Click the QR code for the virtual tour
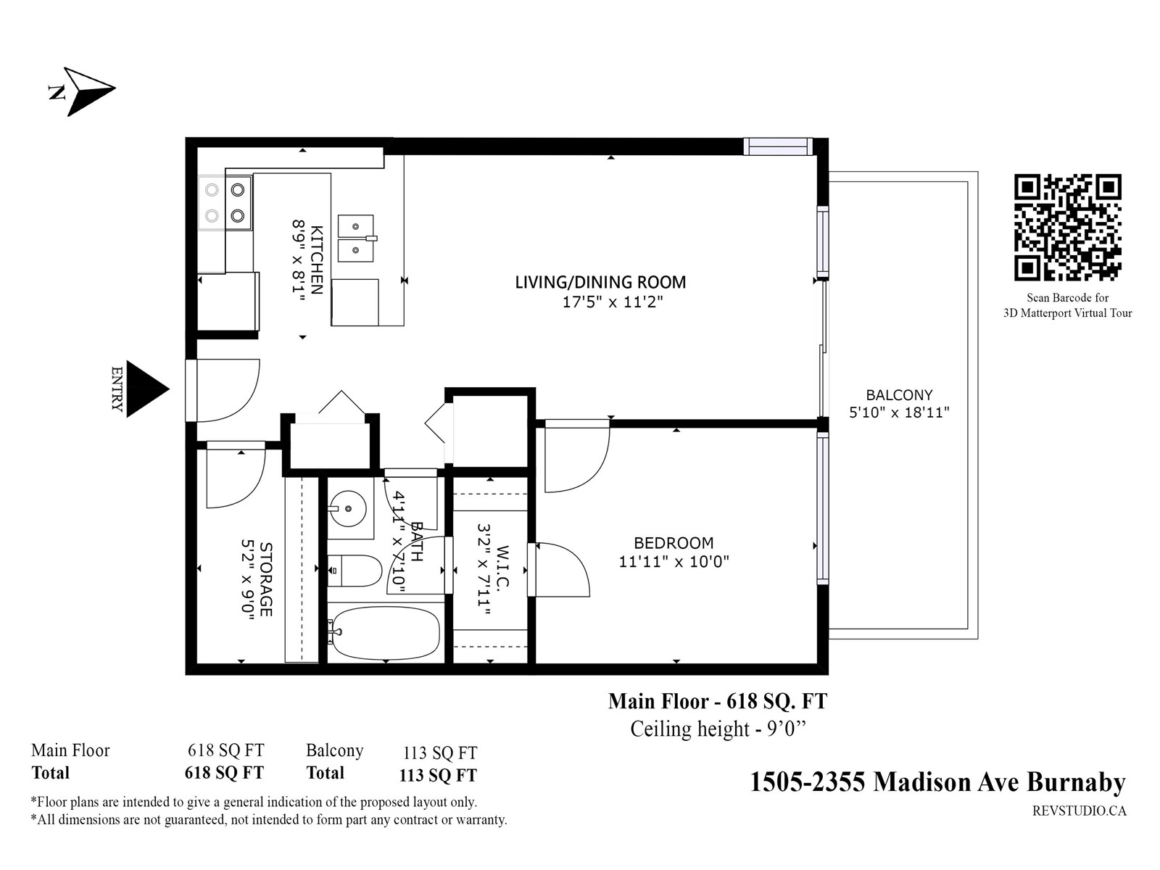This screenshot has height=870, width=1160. click(x=1067, y=227)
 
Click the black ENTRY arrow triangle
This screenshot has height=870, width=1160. click(x=147, y=389)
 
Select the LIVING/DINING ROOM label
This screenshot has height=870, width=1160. click(x=600, y=282)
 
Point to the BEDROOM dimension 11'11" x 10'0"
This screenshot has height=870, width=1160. click(x=674, y=561)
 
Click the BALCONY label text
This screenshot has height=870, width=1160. click(x=899, y=394)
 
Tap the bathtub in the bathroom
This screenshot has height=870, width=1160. click(x=384, y=633)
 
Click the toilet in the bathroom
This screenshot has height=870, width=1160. click(x=355, y=571)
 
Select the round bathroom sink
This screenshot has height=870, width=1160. click(x=347, y=508)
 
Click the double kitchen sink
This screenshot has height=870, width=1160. click(x=357, y=239)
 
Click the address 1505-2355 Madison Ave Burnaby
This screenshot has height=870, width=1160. click(x=938, y=782)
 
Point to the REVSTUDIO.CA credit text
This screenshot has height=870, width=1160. click(x=1080, y=811)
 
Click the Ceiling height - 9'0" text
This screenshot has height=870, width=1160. click(x=718, y=729)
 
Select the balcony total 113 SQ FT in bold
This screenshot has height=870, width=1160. click(x=438, y=775)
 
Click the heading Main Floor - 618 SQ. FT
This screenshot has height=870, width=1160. click(x=718, y=701)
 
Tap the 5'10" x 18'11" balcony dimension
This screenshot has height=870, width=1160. click(x=899, y=412)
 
